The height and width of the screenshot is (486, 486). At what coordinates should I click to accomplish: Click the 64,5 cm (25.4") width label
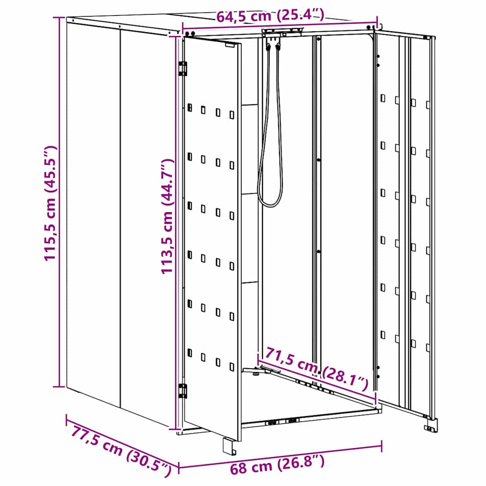click(x=270, y=16)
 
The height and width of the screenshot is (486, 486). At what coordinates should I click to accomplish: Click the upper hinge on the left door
click(x=183, y=68)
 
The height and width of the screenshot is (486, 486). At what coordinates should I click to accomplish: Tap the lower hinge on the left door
click(x=183, y=391)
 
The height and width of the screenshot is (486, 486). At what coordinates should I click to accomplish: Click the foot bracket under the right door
click(x=431, y=425)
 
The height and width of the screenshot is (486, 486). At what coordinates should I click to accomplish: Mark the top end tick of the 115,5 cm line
click(x=59, y=17)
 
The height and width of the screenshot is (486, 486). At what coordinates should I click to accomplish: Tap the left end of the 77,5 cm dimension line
click(x=67, y=418)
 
